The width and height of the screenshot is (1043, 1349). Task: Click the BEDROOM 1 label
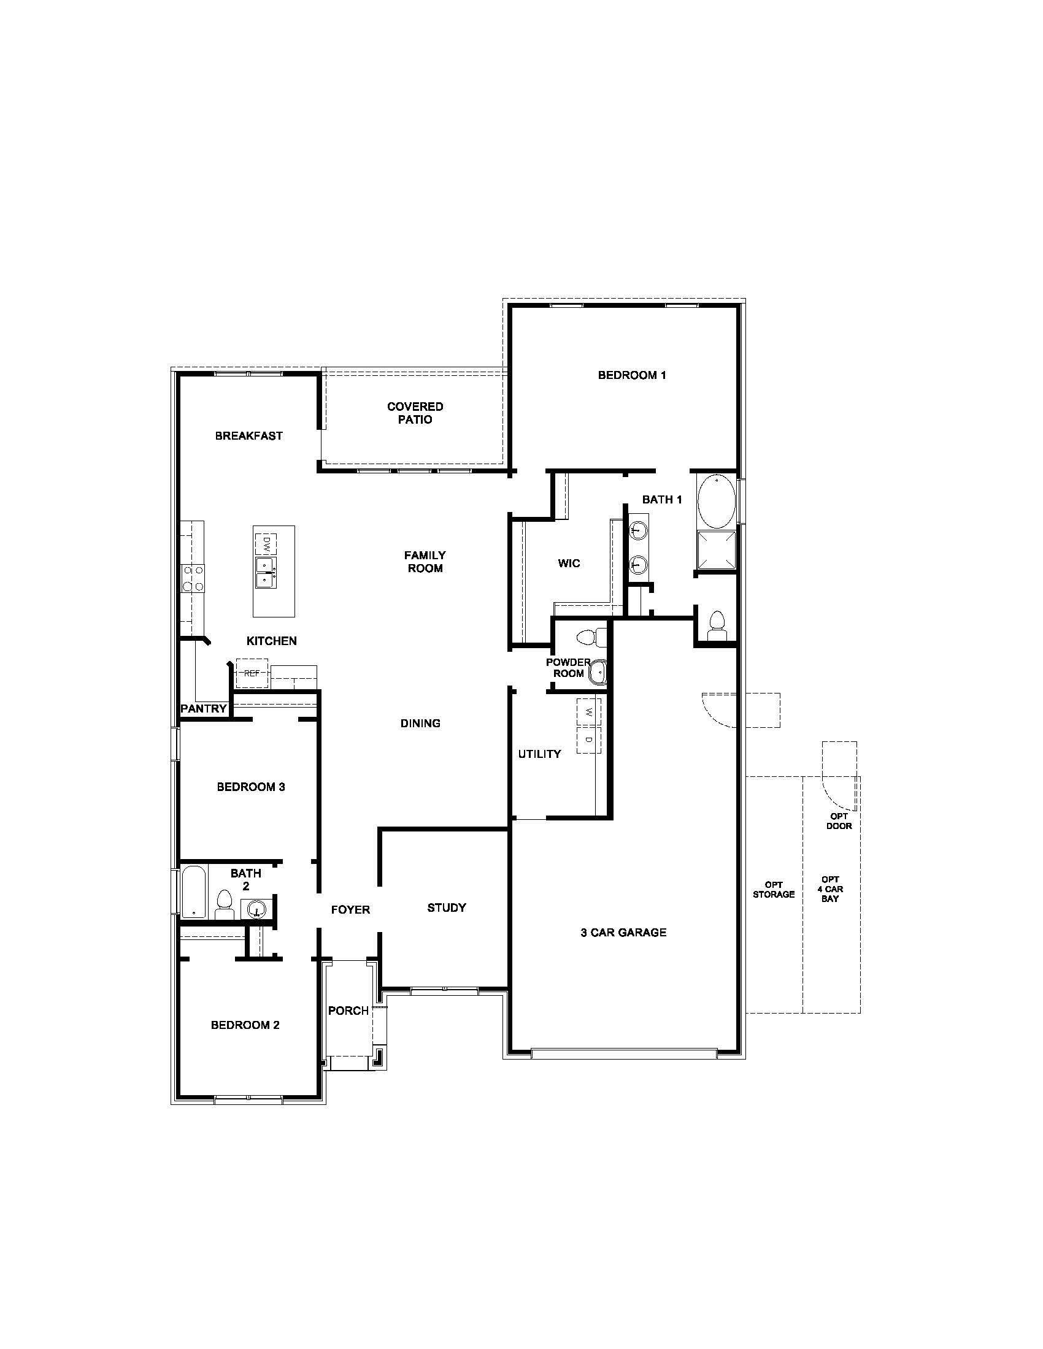tap(631, 375)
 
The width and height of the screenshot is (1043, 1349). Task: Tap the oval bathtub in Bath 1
tap(717, 501)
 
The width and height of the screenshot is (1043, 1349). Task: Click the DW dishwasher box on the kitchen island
tap(266, 543)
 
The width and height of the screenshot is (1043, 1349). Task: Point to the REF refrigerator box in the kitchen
tap(252, 673)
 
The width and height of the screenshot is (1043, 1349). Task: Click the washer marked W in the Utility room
tap(588, 712)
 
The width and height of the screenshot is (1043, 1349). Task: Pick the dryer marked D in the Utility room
tap(588, 739)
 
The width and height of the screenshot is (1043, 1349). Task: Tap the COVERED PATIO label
tap(415, 413)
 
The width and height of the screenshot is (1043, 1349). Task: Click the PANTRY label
tap(203, 708)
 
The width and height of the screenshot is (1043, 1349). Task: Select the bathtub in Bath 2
tap(194, 892)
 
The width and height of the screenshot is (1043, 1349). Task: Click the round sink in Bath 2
tap(256, 909)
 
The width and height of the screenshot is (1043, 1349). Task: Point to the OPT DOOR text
tap(839, 821)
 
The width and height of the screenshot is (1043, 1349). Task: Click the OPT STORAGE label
tap(773, 890)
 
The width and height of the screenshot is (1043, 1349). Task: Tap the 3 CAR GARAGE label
tap(623, 932)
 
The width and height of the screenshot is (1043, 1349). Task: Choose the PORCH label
tap(348, 1011)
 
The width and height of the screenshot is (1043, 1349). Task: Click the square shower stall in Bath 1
tap(717, 551)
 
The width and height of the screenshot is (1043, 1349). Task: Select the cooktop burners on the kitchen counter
tap(192, 579)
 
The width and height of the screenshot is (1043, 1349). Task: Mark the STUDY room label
tap(446, 908)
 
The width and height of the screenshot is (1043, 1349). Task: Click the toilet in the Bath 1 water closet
tap(717, 624)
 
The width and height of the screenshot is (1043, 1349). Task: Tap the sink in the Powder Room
tap(598, 671)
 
